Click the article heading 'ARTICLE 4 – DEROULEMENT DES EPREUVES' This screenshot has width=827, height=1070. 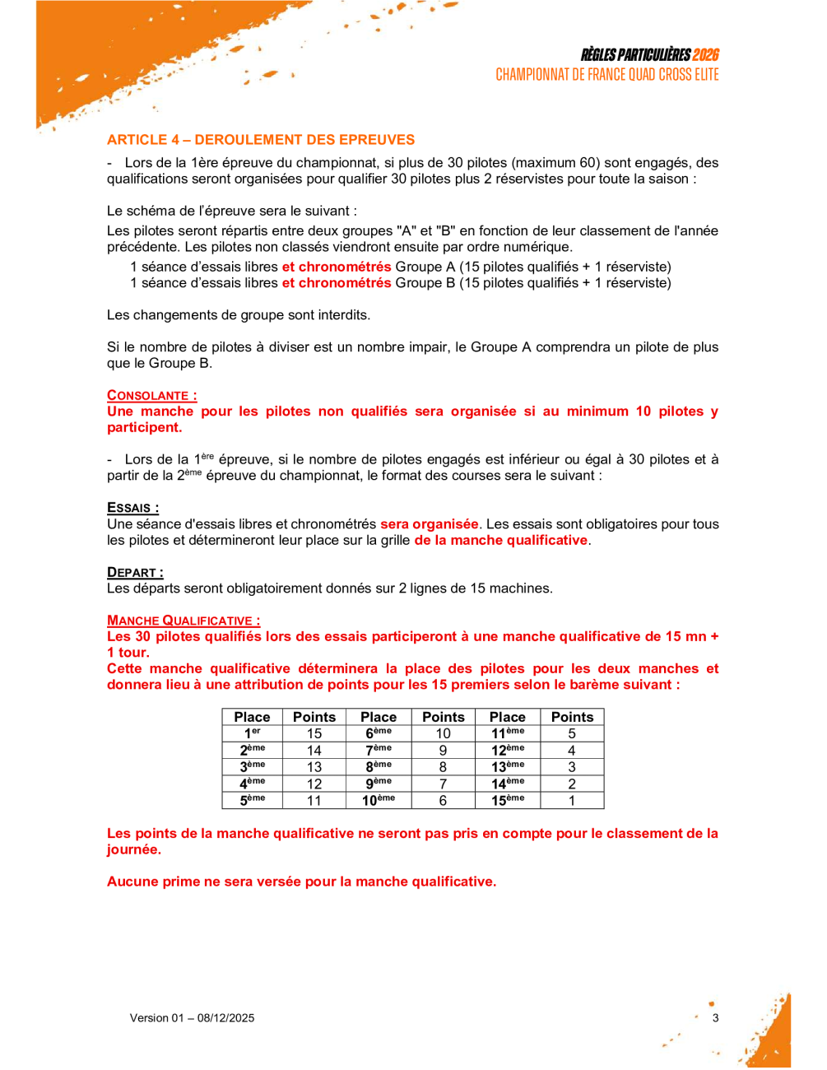click(261, 140)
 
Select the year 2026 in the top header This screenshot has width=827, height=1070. click(705, 55)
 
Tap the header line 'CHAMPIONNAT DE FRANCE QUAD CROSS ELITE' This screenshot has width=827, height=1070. click(607, 75)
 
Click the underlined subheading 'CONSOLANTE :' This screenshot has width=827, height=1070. click(151, 395)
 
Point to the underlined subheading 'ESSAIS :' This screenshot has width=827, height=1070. click(132, 508)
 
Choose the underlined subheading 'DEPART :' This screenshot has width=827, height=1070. click(135, 572)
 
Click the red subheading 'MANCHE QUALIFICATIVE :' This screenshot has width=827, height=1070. click(184, 621)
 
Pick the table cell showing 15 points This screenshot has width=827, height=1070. click(314, 733)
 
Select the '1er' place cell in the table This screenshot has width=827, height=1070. click(252, 733)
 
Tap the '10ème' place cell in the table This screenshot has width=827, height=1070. click(379, 800)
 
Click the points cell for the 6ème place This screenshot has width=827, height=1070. click(443, 733)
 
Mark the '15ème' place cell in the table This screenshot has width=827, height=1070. click(508, 800)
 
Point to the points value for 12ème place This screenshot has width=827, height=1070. click(572, 751)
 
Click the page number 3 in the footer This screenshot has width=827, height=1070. click(715, 1018)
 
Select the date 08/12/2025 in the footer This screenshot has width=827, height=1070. click(225, 1018)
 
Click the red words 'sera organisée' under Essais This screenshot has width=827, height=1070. click(429, 524)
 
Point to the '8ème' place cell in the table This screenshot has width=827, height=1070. click(379, 767)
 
